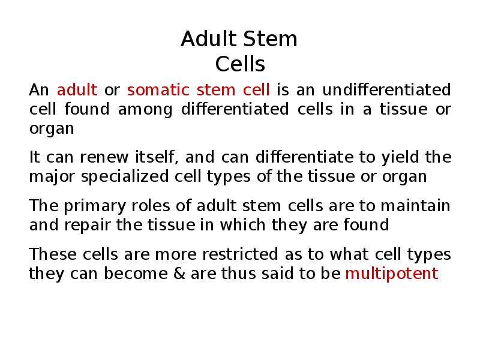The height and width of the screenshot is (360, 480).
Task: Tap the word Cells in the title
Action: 240,64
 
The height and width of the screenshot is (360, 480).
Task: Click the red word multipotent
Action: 392,274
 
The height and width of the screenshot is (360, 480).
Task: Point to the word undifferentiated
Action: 386,89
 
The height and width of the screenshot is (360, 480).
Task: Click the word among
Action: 145,110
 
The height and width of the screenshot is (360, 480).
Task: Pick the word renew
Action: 104,158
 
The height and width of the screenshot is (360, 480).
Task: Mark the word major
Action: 52,177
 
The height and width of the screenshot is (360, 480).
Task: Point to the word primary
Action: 95,206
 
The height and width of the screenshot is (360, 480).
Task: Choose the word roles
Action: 151,206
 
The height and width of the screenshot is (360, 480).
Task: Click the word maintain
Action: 415,206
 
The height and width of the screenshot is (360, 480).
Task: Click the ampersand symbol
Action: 179,274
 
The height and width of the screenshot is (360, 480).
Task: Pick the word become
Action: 136,273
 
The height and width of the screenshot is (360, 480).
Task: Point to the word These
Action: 53,254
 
